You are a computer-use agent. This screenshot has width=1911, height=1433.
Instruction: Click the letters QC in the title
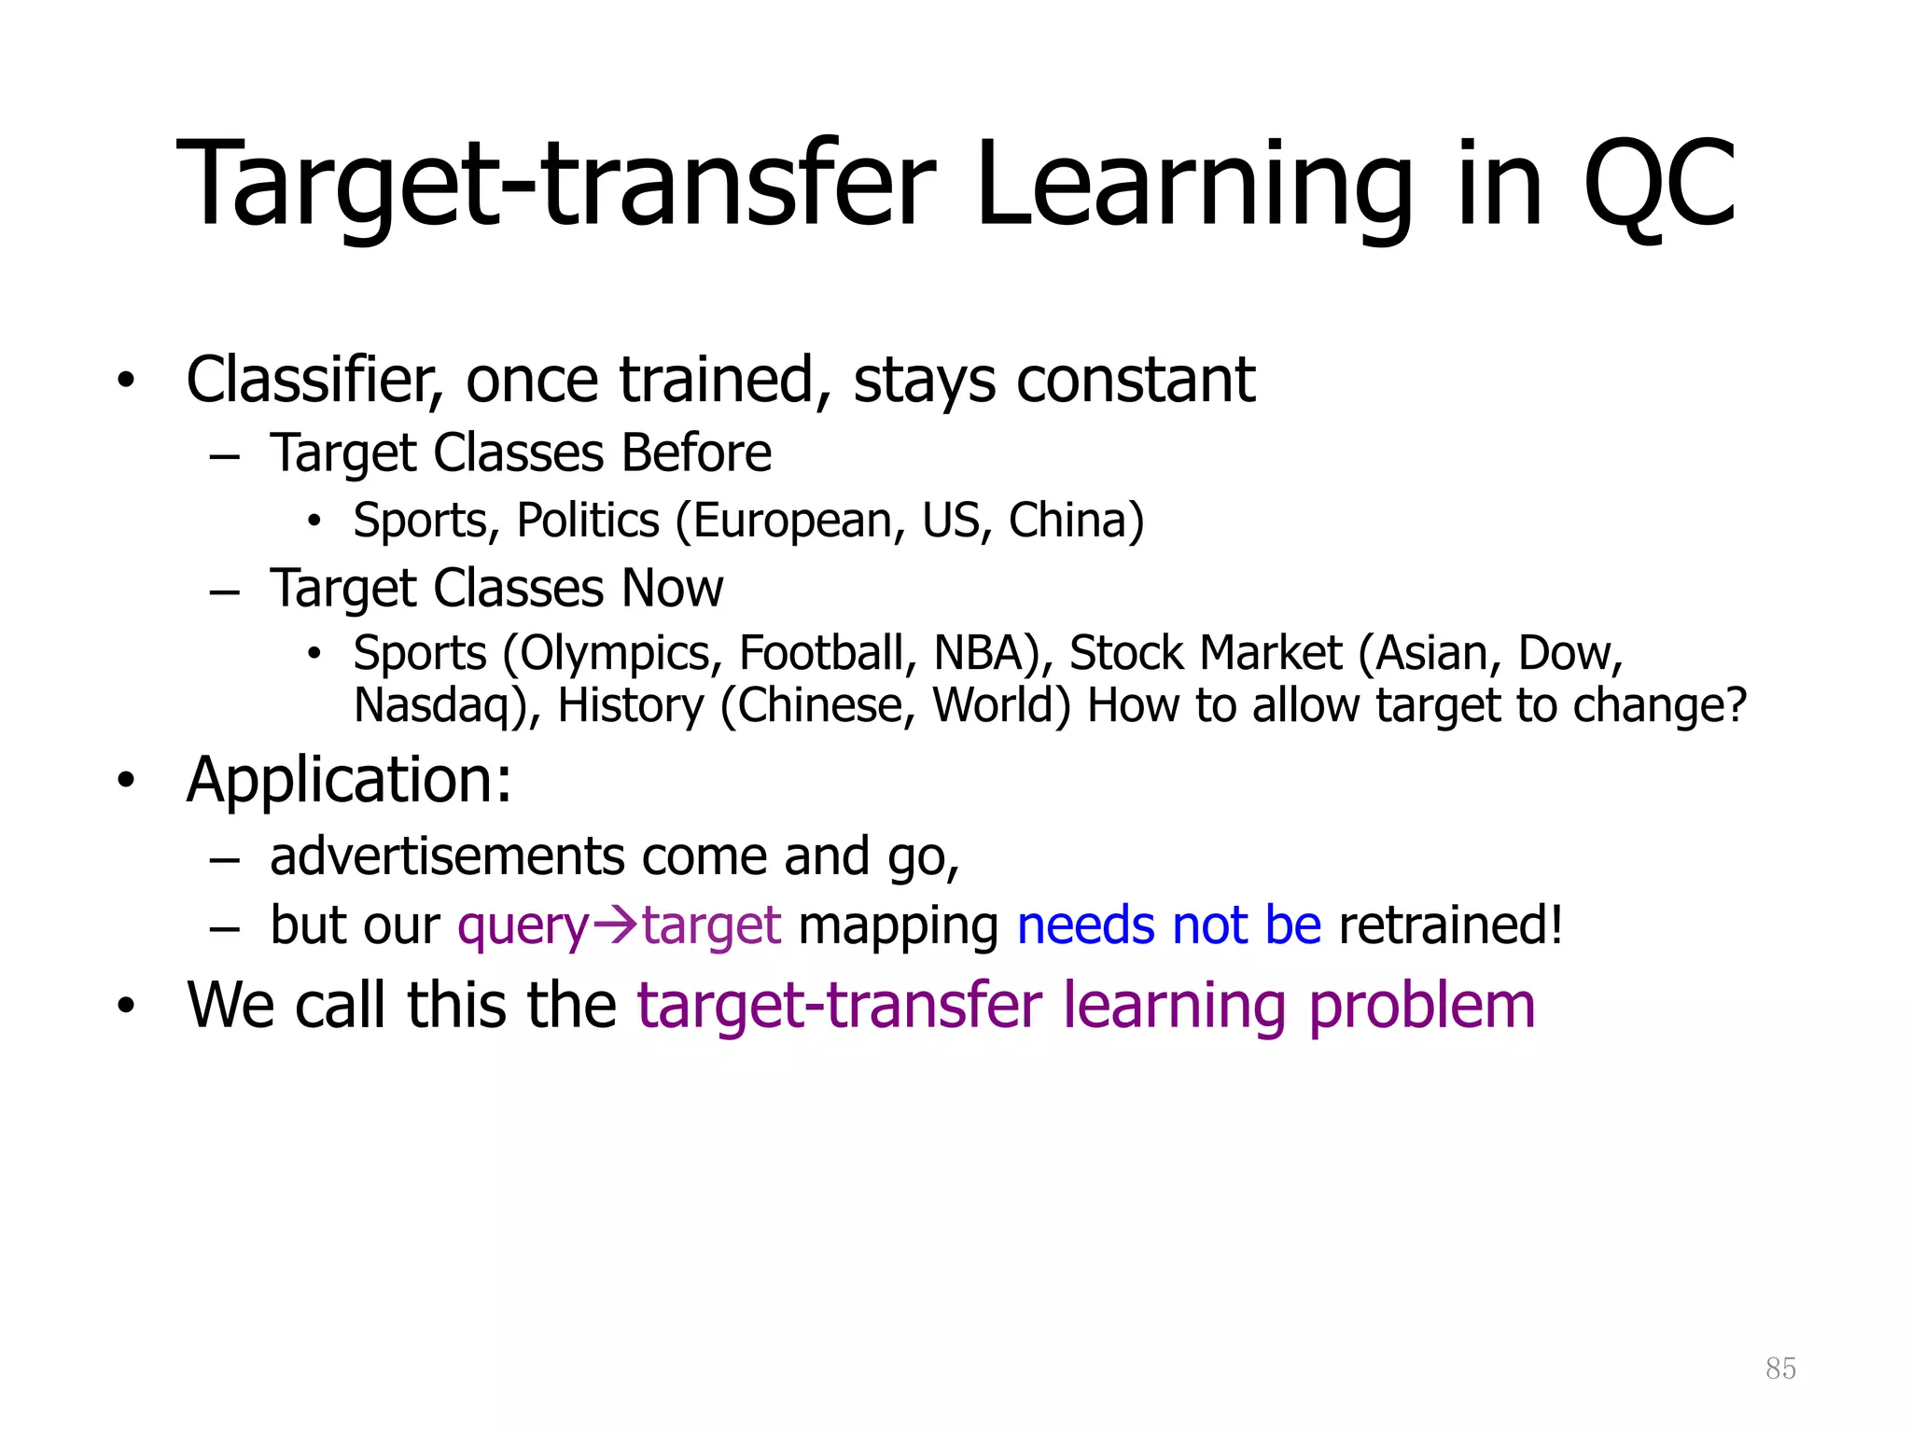(x=1659, y=185)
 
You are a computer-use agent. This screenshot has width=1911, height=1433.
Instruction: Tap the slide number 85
(x=1780, y=1369)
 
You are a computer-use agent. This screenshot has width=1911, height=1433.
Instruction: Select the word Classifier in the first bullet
(x=314, y=381)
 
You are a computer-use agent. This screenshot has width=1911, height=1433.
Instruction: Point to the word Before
(x=696, y=453)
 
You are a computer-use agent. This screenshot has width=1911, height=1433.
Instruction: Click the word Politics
(x=588, y=521)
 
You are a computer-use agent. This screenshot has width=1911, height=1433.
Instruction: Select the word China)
(x=1076, y=521)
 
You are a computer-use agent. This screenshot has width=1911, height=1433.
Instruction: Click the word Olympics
(x=612, y=653)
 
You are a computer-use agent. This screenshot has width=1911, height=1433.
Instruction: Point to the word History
(x=630, y=706)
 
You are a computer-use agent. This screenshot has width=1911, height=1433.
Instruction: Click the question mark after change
(x=1737, y=706)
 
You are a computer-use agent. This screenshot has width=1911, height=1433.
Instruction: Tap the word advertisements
(x=447, y=856)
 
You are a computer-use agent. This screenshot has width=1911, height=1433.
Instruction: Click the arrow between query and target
(x=616, y=925)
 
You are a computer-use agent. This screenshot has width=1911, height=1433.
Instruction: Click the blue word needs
(x=1085, y=925)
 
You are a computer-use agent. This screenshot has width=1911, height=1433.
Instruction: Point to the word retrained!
(x=1450, y=925)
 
